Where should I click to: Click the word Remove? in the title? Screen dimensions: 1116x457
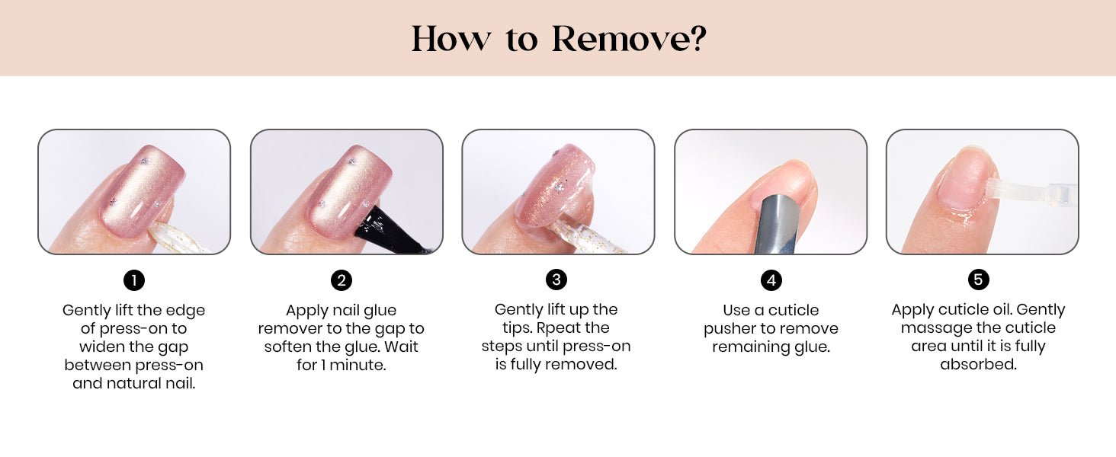629,38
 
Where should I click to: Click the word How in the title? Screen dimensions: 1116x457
451,38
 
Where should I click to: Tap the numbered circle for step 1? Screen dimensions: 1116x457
134,280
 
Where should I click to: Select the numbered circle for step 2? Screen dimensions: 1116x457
342,280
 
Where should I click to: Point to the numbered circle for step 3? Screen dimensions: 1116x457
556,280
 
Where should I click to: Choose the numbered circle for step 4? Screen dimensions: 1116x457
771,280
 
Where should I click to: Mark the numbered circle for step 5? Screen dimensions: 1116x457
979,280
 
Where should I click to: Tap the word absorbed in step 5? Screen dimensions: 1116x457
979,364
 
